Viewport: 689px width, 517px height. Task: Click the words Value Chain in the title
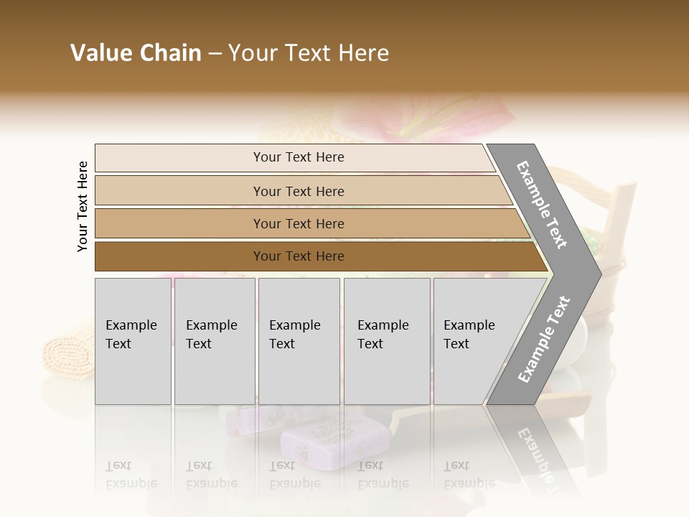click(x=136, y=53)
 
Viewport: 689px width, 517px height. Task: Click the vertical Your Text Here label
click(x=83, y=207)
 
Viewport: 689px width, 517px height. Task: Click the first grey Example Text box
click(x=133, y=341)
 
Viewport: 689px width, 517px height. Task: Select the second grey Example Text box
click(x=215, y=341)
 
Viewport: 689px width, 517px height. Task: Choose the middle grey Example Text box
click(x=299, y=341)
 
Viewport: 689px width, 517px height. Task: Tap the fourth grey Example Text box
click(x=387, y=341)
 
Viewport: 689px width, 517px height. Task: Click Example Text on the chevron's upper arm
click(x=543, y=205)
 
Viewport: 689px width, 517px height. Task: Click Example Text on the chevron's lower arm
click(x=543, y=339)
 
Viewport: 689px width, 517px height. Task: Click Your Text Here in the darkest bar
click(x=299, y=256)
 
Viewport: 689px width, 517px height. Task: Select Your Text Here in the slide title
click(x=309, y=53)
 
